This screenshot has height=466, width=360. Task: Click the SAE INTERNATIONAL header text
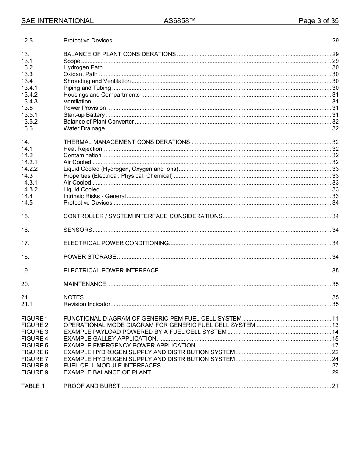(x=57, y=21)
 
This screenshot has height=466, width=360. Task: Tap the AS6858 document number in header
(x=180, y=21)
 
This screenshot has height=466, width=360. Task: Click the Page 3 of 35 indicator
(x=318, y=21)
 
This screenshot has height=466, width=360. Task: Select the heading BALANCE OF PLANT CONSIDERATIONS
(x=119, y=54)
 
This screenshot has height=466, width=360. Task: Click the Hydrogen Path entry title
(x=83, y=68)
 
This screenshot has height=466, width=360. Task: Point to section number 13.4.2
(x=30, y=95)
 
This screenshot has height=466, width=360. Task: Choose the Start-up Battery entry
(x=84, y=115)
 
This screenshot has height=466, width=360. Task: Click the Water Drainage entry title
(x=84, y=128)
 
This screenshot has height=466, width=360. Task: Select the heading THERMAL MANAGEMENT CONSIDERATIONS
(x=127, y=142)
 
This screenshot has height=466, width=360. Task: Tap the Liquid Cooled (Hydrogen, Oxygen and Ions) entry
(x=121, y=169)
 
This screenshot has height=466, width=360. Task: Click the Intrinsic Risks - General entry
(x=95, y=196)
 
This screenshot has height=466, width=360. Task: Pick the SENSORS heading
(x=78, y=230)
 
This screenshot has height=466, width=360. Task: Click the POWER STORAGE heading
(x=90, y=257)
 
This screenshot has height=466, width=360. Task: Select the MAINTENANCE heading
(x=85, y=284)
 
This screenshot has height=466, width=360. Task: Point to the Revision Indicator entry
(x=87, y=304)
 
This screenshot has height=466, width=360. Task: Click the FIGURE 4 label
(x=35, y=339)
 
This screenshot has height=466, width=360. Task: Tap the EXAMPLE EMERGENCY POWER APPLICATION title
(x=129, y=346)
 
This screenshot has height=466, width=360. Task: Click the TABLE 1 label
(x=33, y=386)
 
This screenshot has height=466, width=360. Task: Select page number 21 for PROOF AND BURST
(x=335, y=386)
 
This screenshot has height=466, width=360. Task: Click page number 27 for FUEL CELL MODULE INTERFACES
(x=335, y=366)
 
